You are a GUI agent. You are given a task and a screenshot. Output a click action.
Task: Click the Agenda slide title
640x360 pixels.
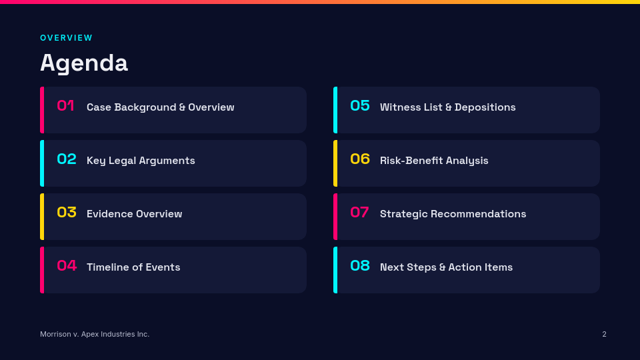[84, 63]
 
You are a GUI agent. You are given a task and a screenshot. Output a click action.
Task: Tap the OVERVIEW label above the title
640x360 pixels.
[67, 38]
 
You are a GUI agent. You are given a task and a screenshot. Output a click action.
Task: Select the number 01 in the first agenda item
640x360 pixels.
[65, 106]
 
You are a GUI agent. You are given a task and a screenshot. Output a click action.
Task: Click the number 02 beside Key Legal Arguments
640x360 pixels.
[67, 159]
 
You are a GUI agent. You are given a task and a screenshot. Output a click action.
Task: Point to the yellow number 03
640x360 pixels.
[67, 212]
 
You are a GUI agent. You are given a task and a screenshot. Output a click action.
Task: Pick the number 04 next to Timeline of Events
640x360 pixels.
[67, 266]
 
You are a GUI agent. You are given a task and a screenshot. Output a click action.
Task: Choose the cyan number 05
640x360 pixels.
[360, 106]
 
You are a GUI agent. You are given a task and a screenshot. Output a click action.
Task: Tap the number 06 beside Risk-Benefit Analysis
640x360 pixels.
[360, 159]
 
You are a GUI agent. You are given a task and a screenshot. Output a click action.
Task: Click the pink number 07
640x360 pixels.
[359, 212]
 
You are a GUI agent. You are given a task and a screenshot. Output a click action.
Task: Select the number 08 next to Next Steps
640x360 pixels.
[360, 266]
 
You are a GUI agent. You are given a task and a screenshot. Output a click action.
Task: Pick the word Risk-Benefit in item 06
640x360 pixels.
[411, 161]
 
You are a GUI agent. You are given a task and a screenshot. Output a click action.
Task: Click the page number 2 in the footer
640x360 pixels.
[604, 334]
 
